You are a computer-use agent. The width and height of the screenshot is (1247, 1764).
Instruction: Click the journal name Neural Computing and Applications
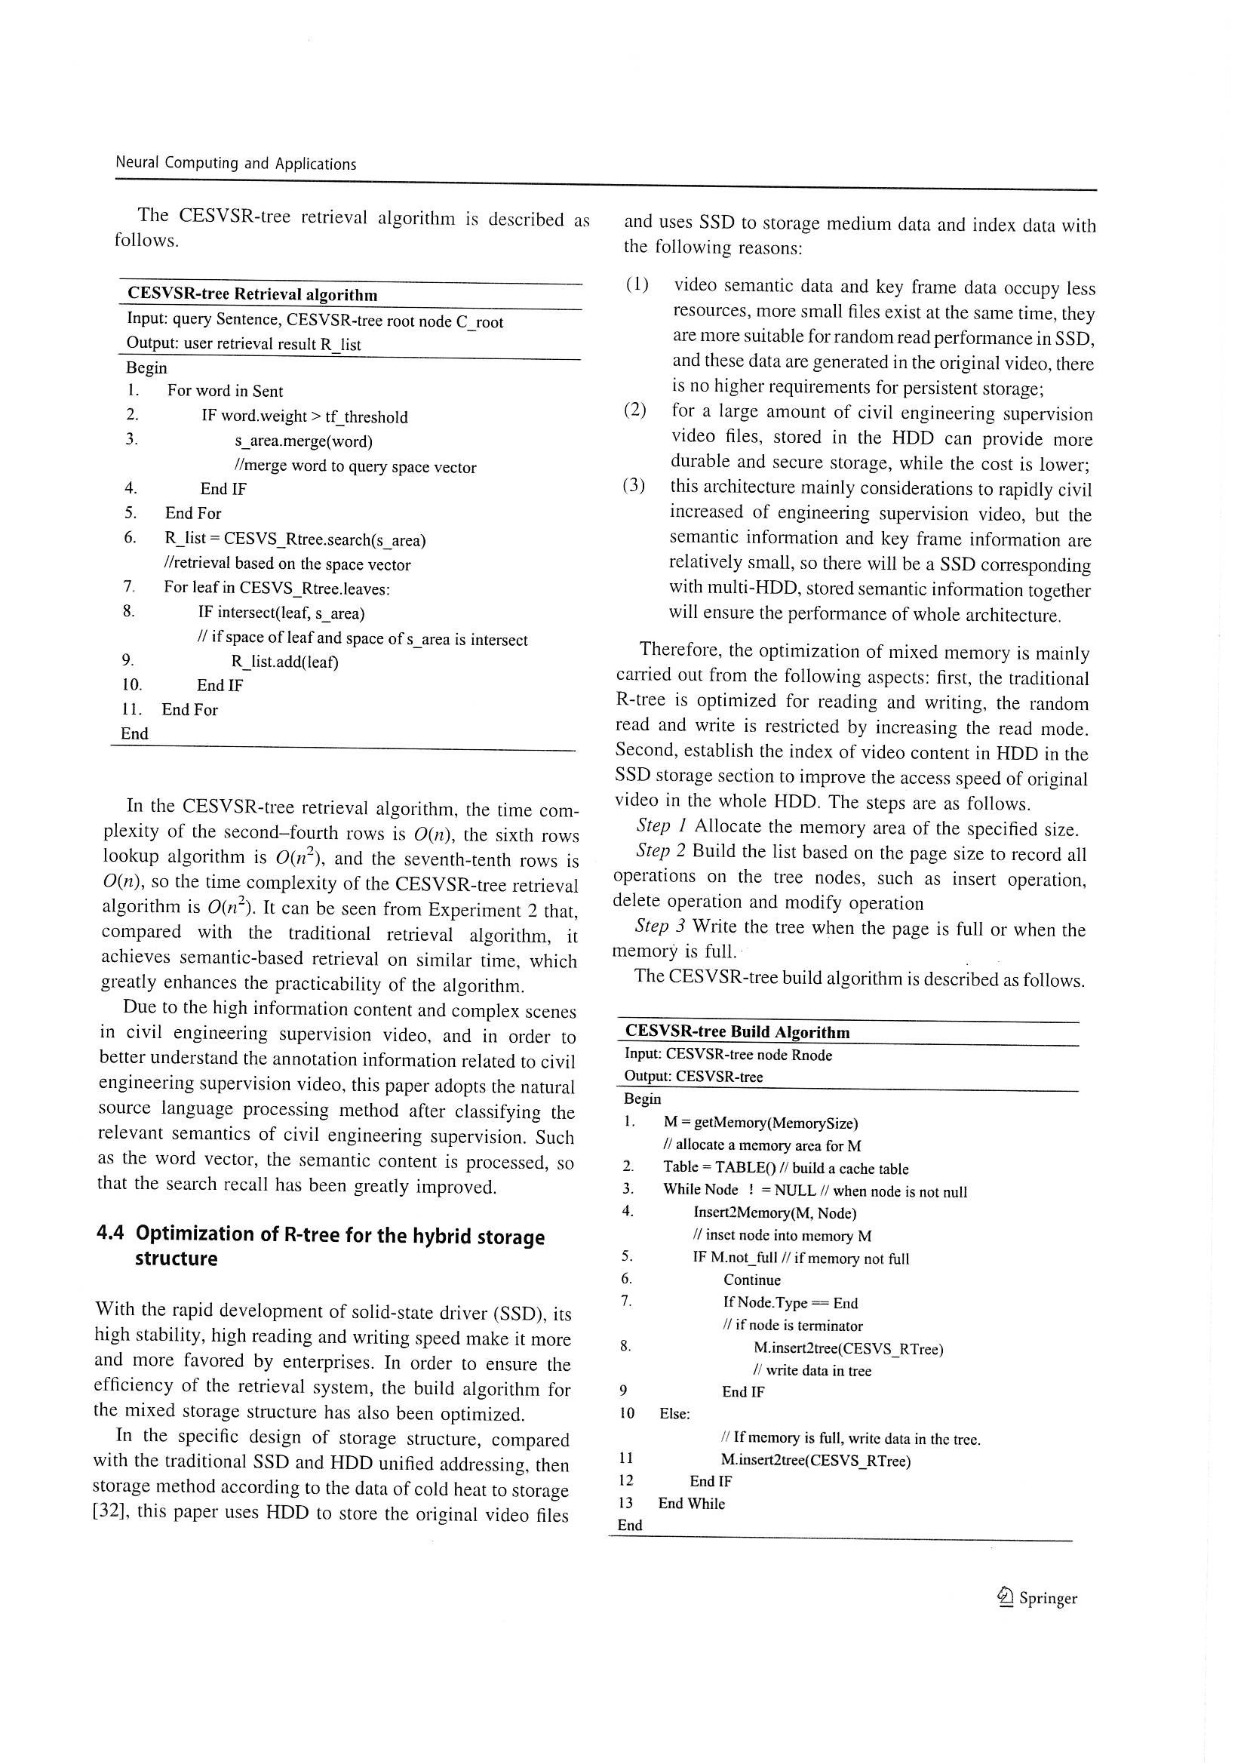[x=236, y=163]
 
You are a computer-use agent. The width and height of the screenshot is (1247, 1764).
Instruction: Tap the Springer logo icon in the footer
[x=1005, y=1599]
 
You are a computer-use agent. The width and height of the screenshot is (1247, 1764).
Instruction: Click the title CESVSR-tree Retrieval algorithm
[x=252, y=294]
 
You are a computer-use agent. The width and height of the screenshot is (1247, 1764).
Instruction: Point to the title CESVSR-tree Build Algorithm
[x=737, y=1032]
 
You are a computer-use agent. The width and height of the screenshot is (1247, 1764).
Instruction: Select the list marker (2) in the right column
[x=635, y=410]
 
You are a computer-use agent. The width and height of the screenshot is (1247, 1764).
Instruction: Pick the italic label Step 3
[x=660, y=928]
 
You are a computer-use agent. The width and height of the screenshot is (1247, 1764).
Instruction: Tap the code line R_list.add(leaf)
[x=284, y=662]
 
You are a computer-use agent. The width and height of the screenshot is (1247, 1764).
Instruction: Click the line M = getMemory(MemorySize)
[x=760, y=1123]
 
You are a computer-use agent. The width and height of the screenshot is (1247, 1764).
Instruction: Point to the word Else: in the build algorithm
[x=674, y=1414]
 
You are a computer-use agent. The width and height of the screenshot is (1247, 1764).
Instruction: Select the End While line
[x=691, y=1504]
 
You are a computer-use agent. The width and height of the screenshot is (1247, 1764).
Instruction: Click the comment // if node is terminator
[x=792, y=1326]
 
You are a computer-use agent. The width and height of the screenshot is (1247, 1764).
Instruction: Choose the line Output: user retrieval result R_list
[x=244, y=344]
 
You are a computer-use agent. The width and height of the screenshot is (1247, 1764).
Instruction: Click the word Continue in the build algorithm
[x=751, y=1280]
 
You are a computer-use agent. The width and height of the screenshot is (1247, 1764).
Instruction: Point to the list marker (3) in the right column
[x=634, y=487]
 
